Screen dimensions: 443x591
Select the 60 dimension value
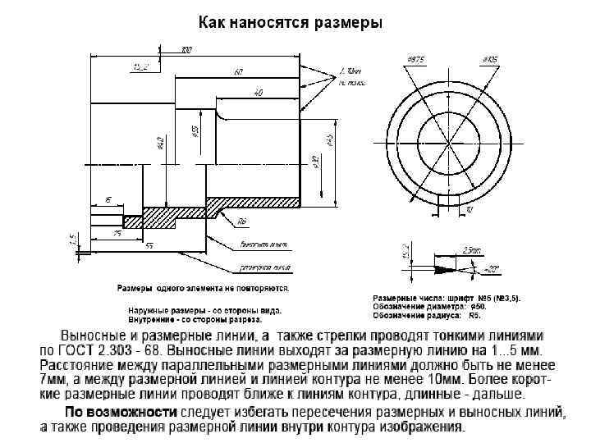pyautogui.click(x=239, y=72)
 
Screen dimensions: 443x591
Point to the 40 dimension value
pyautogui.click(x=259, y=94)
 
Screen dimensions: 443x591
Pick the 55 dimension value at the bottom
pyautogui.click(x=149, y=245)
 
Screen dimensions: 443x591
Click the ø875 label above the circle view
pyautogui.click(x=415, y=60)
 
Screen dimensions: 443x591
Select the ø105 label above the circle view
pyautogui.click(x=490, y=60)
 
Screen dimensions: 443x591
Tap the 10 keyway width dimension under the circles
pyautogui.click(x=468, y=210)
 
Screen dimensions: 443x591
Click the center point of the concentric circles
pyautogui.click(x=448, y=135)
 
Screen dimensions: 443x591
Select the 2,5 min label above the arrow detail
pyautogui.click(x=471, y=249)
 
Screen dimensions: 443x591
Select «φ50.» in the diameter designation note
pyautogui.click(x=479, y=306)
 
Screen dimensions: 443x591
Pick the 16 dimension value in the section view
pyautogui.click(x=108, y=199)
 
